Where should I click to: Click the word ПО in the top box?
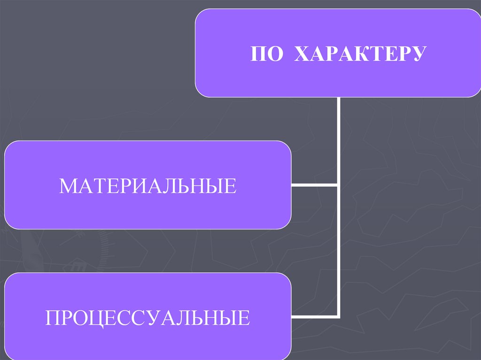(x=266, y=54)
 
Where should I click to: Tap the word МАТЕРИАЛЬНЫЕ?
(x=147, y=186)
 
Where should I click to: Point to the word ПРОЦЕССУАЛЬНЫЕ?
(x=147, y=318)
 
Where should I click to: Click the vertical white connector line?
(x=338, y=141)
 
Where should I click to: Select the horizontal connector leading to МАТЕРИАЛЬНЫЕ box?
(x=314, y=184)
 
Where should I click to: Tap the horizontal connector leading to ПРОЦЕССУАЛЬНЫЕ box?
(x=314, y=316)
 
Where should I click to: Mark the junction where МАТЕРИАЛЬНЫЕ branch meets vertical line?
(x=338, y=184)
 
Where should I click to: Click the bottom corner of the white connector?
(x=338, y=316)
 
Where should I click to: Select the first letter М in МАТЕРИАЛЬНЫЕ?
(x=68, y=186)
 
